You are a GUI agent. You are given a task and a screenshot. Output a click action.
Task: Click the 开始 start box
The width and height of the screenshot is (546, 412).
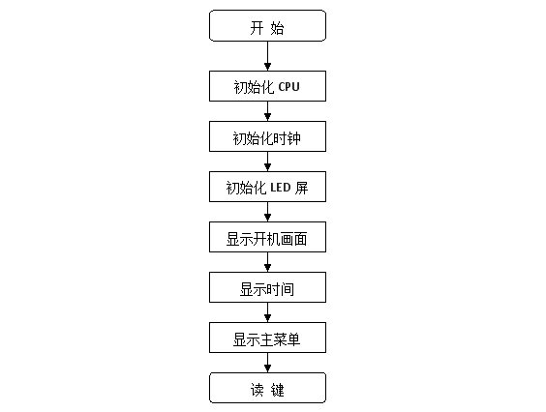pos(267,26)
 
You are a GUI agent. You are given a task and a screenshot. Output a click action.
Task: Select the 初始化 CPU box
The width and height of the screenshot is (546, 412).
pos(267,86)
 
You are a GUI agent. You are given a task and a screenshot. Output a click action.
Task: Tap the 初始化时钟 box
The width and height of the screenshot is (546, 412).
pos(267,136)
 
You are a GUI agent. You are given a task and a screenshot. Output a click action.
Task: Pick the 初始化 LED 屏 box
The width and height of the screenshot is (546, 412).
pos(267,187)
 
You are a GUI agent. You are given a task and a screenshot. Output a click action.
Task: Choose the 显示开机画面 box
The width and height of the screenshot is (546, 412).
pos(267,237)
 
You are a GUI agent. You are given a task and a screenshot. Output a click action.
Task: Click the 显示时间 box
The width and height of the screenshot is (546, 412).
pos(267,287)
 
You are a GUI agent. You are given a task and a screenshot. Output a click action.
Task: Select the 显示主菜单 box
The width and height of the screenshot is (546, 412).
pos(267,338)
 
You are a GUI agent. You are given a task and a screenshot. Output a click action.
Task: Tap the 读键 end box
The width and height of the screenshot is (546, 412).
pos(267,388)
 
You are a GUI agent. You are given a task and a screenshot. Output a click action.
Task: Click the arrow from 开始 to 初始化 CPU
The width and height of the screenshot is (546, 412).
pos(267,56)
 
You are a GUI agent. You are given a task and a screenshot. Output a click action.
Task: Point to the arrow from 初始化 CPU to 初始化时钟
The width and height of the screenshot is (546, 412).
pos(267,111)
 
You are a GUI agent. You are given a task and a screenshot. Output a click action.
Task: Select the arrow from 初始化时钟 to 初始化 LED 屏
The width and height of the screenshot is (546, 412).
pos(267,162)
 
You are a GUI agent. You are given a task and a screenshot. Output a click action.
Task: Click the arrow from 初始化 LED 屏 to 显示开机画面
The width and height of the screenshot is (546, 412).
pos(267,212)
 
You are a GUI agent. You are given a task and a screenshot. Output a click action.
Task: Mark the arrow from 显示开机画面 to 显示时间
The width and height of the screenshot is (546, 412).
pos(267,262)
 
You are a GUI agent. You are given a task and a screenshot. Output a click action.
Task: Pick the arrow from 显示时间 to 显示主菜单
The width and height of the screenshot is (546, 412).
pos(267,312)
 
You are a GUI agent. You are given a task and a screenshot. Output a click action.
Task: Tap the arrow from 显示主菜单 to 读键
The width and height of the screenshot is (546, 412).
pos(267,363)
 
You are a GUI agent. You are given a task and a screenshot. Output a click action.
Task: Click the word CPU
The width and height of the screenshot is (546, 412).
pos(289,87)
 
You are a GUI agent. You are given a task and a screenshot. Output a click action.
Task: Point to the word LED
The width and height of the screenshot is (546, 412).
pos(281,188)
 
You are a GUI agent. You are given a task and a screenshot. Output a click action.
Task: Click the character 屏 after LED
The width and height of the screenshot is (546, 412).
pos(301,188)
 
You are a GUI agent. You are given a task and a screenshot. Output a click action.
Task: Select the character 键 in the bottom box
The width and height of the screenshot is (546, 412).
pos(278,390)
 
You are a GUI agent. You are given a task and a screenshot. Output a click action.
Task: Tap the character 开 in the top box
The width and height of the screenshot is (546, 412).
pos(257,28)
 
